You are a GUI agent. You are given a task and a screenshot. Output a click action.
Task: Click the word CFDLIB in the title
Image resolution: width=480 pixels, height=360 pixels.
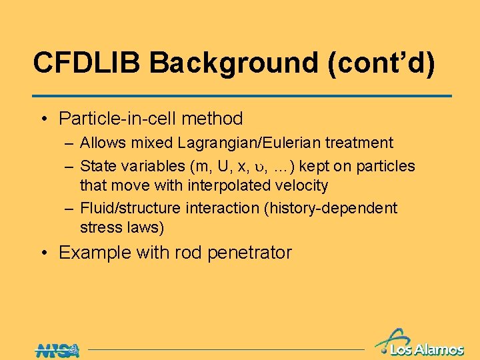tap(87, 63)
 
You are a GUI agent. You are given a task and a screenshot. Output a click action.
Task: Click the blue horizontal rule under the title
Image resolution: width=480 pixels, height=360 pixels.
tap(243, 96)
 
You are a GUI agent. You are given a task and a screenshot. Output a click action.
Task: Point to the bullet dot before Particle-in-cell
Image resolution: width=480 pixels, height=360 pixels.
tap(43, 119)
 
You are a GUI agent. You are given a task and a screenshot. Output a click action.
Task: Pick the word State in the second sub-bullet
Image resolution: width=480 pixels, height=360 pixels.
tap(97, 166)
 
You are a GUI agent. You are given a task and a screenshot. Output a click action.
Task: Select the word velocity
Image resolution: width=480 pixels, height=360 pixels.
tap(303, 185)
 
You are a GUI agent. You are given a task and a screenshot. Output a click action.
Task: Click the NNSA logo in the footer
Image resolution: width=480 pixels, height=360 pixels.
tap(57, 349)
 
